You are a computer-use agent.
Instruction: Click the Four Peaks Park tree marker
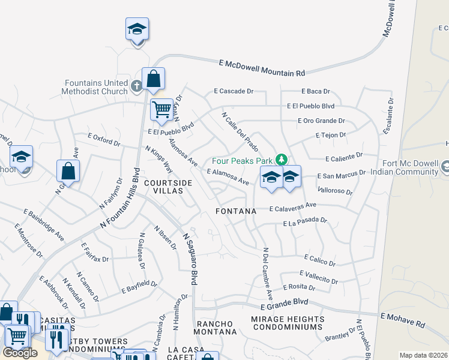pos(280,160)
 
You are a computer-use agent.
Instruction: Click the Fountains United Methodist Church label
pos(95,87)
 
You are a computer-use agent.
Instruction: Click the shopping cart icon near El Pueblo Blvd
pos(161,110)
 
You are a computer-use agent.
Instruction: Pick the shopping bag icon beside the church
pos(153,79)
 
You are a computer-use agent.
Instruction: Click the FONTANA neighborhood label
pos(237,211)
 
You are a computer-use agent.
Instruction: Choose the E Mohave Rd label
pos(402,319)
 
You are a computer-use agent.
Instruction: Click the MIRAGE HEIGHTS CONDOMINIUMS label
pos(288,323)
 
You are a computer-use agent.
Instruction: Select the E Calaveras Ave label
pos(292,207)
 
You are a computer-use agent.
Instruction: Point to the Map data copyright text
pos(423,355)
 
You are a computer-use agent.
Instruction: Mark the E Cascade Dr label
pos(234,91)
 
